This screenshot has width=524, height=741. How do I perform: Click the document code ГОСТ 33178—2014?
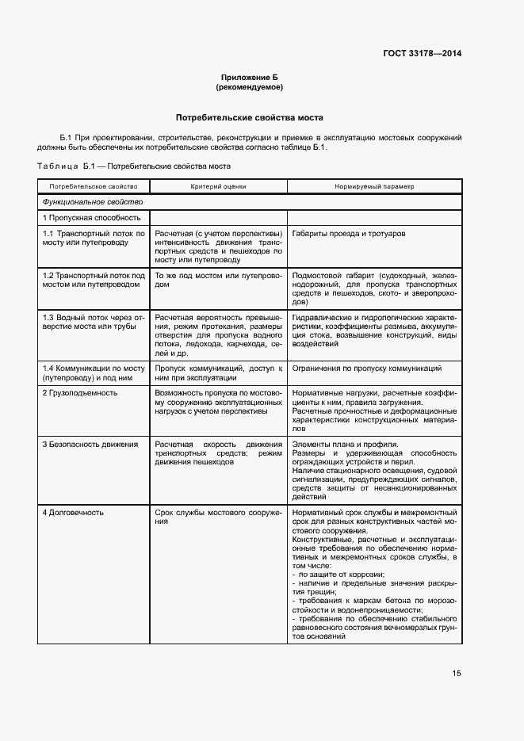(421, 53)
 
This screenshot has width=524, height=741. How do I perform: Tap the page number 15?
(457, 674)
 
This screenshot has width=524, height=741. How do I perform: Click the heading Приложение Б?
(249, 78)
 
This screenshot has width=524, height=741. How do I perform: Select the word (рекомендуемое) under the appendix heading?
(249, 87)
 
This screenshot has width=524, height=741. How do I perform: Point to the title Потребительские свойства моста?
(249, 116)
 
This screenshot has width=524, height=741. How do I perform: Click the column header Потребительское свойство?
(93, 186)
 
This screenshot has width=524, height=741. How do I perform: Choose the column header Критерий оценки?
(218, 186)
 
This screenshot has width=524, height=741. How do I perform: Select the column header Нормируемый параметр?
(374, 186)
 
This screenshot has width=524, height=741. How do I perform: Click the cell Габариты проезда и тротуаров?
(348, 235)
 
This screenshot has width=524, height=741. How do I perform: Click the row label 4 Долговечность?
(73, 513)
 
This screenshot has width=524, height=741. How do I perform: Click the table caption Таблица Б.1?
(133, 166)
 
